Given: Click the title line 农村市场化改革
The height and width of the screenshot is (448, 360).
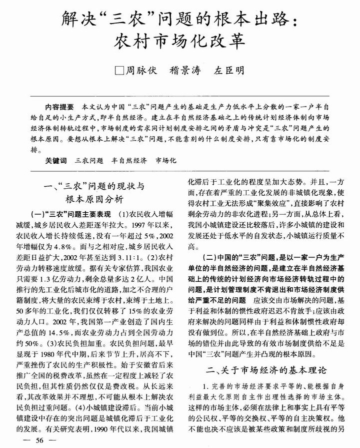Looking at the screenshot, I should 179,39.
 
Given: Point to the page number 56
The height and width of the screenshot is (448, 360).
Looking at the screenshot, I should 37,440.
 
